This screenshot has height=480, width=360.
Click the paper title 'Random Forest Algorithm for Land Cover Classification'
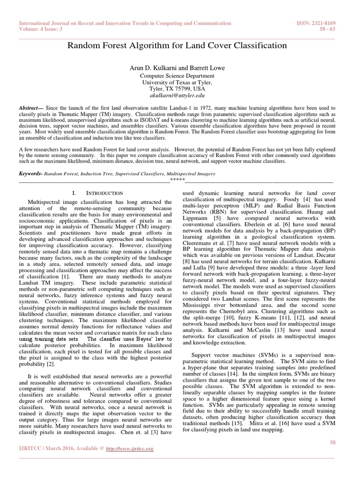pyautogui.click(x=177, y=46)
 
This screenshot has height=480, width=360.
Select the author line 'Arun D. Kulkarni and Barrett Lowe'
pyautogui.click(x=177, y=68)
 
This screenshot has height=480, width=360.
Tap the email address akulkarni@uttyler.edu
pyautogui.click(x=177, y=94)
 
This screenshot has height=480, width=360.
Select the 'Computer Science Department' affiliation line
pyautogui.click(x=177, y=75)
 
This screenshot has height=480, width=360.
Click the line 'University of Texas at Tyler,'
pyautogui.click(x=177, y=82)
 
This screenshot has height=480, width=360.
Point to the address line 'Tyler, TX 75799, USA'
pyautogui.click(x=177, y=88)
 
